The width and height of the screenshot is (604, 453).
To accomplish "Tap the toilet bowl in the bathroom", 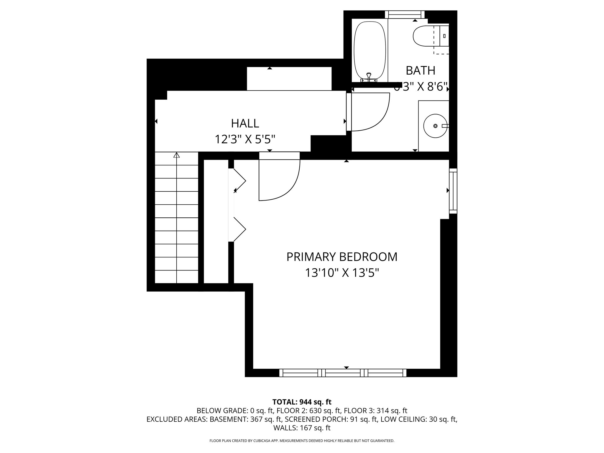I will (x=424, y=36).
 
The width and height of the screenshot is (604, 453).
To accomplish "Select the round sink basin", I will (x=435, y=126).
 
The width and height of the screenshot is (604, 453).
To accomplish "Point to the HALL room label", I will (x=245, y=124).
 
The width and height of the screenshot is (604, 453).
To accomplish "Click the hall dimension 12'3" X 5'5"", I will (x=245, y=139).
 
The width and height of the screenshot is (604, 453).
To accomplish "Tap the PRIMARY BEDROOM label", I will (x=342, y=257).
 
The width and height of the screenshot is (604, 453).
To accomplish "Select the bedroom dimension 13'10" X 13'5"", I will (x=342, y=273).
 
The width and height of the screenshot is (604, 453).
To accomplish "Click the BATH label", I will (x=421, y=70).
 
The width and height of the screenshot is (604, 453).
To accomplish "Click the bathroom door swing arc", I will (x=375, y=115).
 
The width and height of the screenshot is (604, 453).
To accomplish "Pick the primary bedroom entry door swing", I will (x=283, y=183).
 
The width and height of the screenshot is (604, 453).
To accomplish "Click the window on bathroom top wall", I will (x=405, y=14).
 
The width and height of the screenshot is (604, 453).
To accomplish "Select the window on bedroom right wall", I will (x=453, y=191).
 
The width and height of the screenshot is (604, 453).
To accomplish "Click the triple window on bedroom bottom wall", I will (x=343, y=373).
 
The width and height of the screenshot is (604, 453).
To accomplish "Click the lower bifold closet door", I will (x=239, y=229).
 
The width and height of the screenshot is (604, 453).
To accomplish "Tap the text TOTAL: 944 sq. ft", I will (x=302, y=402).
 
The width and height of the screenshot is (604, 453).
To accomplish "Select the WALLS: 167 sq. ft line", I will (x=302, y=428).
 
